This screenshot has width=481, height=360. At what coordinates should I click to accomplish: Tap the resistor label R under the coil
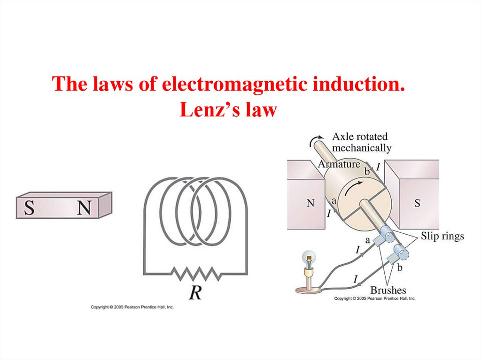pyautogui.click(x=195, y=293)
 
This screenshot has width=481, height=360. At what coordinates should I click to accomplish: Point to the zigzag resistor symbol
pyautogui.click(x=195, y=273)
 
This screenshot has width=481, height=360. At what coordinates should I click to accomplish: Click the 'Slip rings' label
pyautogui.click(x=442, y=236)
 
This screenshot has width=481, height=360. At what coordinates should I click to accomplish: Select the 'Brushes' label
pyautogui.click(x=388, y=290)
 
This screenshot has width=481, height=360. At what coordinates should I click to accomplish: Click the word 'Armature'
pyautogui.click(x=339, y=164)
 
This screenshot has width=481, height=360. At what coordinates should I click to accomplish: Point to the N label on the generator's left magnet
pyautogui.click(x=310, y=203)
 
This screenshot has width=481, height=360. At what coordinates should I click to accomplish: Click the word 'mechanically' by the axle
pyautogui.click(x=362, y=148)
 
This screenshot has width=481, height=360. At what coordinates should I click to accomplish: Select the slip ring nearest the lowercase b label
pyautogui.click(x=401, y=254)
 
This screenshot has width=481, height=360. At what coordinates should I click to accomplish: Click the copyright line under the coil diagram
pyautogui.click(x=132, y=307)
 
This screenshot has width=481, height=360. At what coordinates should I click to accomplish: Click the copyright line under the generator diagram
pyautogui.click(x=374, y=299)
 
